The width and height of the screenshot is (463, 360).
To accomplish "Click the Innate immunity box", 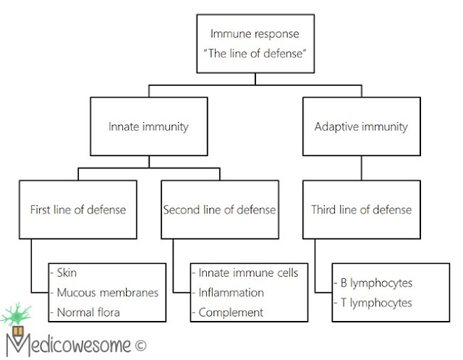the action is tap(149, 127).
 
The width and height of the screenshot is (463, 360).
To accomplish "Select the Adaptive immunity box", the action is tap(362, 127).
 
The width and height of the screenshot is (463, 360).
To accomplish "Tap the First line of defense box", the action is tap(78, 210).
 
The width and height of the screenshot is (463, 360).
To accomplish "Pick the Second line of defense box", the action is tap(220, 210).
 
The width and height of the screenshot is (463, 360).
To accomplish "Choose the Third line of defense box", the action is tap(362, 210).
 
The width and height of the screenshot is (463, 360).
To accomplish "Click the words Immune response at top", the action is tap(255, 34).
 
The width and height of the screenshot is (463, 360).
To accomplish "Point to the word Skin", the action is tap(67, 273).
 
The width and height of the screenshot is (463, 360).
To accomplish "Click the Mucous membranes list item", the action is tap(108, 293).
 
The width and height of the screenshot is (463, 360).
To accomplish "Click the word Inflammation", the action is tap(231, 293).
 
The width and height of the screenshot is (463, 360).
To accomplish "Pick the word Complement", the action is tap(231, 313).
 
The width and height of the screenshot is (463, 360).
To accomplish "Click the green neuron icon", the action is tap(16, 314).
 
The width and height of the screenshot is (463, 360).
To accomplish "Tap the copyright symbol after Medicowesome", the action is tap(141, 346).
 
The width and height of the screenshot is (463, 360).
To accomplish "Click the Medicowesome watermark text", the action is tap(69, 344).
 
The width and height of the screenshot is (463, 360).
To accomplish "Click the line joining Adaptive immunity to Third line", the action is tap(362, 168).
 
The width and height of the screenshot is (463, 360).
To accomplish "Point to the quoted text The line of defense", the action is tap(255, 53).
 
